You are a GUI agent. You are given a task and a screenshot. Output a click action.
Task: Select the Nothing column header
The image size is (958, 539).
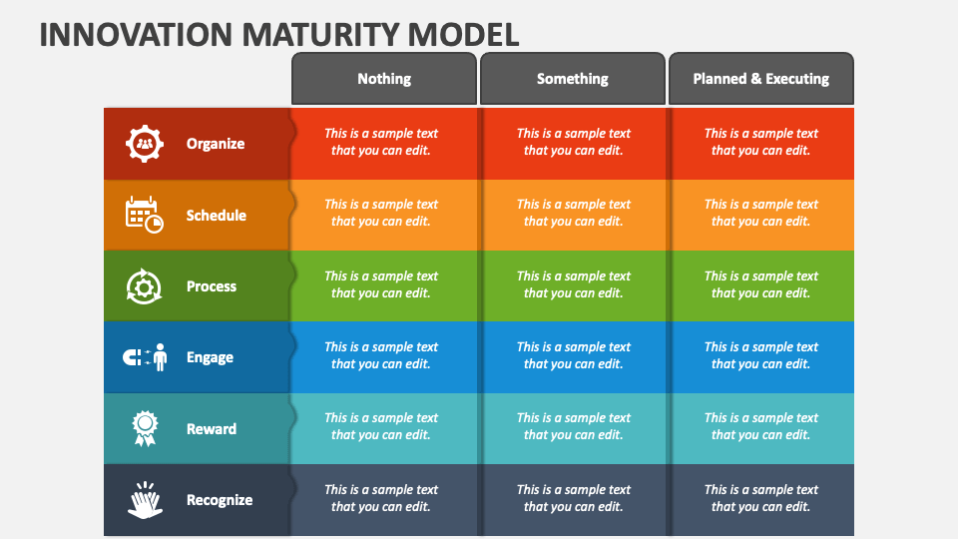383,78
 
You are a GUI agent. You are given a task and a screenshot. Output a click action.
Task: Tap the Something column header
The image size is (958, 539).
573,78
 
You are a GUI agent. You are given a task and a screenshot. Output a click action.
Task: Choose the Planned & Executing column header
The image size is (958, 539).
761,78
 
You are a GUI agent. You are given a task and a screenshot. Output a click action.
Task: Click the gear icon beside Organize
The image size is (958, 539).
144,144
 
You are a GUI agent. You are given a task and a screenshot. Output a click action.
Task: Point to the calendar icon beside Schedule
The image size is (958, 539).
144,216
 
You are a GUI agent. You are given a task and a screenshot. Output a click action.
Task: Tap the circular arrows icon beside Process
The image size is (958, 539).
144,286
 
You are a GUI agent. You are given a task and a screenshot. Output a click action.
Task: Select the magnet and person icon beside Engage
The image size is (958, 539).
145,357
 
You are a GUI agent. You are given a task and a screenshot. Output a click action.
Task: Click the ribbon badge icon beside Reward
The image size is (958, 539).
145,428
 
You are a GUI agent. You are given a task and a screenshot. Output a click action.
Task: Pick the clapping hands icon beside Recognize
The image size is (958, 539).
145,500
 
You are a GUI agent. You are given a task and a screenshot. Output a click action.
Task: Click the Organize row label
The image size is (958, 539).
216,144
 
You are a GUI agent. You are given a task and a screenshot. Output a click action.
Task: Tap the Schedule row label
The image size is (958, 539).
217,216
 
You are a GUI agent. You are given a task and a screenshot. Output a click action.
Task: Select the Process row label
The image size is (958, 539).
212,286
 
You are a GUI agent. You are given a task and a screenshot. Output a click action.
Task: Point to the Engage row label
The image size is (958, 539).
211,357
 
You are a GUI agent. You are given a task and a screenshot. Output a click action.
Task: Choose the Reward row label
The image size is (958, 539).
212,429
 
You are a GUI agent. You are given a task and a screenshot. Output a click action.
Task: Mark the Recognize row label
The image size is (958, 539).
220,500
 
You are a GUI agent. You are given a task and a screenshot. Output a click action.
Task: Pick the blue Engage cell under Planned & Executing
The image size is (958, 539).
762,357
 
